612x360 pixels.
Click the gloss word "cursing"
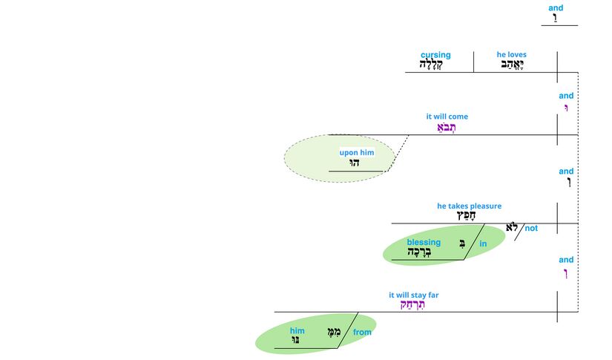435,55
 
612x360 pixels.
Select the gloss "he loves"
511,55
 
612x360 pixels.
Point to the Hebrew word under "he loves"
510,65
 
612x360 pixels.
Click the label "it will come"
447,117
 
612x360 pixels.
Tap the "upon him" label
357,153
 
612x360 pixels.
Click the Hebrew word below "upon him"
355,163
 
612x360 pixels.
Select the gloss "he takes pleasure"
469,206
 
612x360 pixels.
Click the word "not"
531,229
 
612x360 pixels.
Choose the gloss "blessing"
424,242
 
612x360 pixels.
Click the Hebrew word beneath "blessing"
419,252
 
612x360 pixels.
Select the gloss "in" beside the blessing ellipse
483,243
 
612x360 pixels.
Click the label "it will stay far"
413,295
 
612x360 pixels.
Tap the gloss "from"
362,333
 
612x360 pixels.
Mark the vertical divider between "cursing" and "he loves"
473,62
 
